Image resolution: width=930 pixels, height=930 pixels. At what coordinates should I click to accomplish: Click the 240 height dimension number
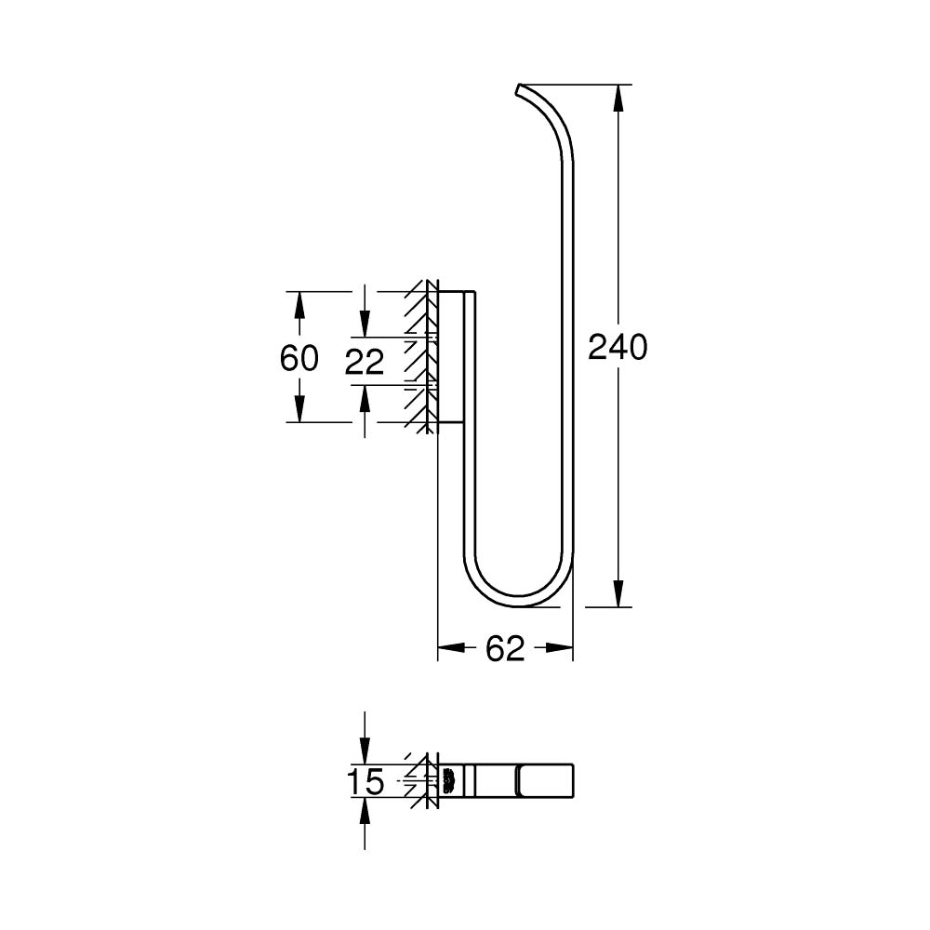pyautogui.click(x=617, y=347)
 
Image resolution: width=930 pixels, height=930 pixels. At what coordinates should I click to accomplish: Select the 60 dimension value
pyautogui.click(x=299, y=357)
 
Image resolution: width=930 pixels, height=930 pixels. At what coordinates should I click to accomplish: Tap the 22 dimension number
pyautogui.click(x=364, y=362)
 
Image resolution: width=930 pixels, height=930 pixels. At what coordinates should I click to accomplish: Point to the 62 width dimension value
pyautogui.click(x=505, y=648)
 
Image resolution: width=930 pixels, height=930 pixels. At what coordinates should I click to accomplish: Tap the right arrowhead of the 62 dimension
pyautogui.click(x=561, y=647)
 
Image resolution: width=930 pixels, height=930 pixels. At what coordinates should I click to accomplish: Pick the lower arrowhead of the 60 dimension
pyautogui.click(x=299, y=410)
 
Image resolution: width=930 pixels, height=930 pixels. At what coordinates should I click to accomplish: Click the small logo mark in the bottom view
pyautogui.click(x=449, y=780)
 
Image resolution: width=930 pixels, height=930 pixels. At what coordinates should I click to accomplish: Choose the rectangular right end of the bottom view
pyautogui.click(x=546, y=780)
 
